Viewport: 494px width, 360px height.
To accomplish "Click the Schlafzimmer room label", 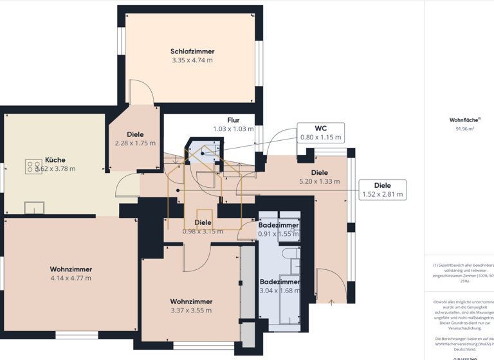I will tap(192, 51).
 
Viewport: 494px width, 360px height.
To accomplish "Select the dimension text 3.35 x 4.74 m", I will tap(192, 60).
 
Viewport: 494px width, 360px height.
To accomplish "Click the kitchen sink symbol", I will tap(34, 207).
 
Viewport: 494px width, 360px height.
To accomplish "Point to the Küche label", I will tap(55, 160).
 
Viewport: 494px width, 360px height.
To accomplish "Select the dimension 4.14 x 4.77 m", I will tap(71, 278).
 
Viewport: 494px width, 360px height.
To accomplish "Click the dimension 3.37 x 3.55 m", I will tap(191, 310).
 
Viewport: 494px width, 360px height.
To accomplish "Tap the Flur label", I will tap(233, 120).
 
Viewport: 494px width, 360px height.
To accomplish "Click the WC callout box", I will tap(320, 132).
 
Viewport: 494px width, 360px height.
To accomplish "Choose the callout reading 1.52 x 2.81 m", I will tap(382, 189).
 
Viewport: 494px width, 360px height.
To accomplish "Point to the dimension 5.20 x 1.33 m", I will tap(319, 181).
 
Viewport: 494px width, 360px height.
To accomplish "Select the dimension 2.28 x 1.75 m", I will tap(135, 143).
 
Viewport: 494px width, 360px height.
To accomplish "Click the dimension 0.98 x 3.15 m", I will tap(203, 231).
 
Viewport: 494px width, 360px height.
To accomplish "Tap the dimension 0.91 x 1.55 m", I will tap(279, 234).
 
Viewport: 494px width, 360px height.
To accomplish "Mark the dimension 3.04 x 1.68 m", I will tap(280, 291).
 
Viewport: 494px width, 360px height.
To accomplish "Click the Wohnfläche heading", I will tap(462, 120).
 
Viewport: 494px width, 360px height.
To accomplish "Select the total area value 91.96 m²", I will tap(464, 129).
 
